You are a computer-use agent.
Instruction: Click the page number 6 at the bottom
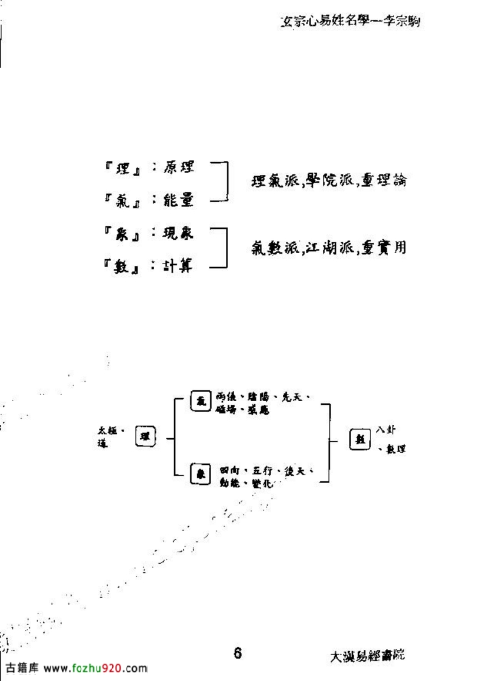pyautogui.click(x=238, y=653)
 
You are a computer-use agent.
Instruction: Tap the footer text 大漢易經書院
pyautogui.click(x=368, y=656)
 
